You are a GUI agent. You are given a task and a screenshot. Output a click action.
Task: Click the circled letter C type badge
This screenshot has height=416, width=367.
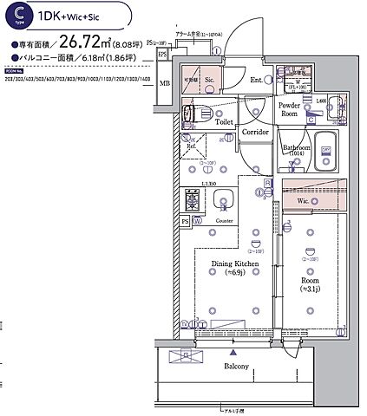(x=18, y=16)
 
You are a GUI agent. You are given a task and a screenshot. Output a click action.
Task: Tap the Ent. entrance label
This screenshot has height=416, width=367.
(x=257, y=81)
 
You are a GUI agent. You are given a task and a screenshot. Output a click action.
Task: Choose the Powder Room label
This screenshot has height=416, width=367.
(x=289, y=109)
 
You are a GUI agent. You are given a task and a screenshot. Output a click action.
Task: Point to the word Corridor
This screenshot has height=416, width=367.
(x=255, y=133)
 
